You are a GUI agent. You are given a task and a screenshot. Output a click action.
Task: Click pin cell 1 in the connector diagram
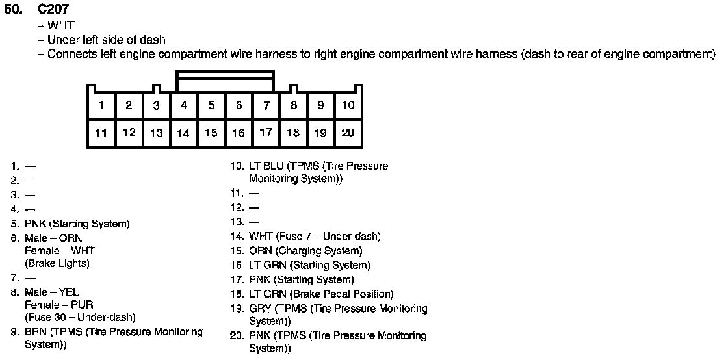[x=101, y=105]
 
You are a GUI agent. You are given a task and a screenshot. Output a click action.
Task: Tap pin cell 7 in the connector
[x=266, y=105]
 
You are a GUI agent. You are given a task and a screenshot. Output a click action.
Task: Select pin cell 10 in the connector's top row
[x=348, y=105]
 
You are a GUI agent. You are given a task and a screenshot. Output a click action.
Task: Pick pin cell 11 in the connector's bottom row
[x=101, y=133]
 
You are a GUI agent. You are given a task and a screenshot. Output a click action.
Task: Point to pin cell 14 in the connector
[x=183, y=133]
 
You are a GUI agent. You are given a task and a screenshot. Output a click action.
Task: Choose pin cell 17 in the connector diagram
[x=266, y=133]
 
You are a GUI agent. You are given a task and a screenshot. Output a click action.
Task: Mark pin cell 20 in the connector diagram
[x=348, y=133]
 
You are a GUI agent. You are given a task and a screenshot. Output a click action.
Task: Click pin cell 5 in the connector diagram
[x=211, y=105]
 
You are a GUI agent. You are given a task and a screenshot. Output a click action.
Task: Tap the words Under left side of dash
[x=107, y=40]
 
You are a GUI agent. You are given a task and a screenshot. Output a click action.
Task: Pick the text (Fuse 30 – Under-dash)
[x=80, y=318]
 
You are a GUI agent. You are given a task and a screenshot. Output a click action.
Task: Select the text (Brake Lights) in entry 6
[x=57, y=264]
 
